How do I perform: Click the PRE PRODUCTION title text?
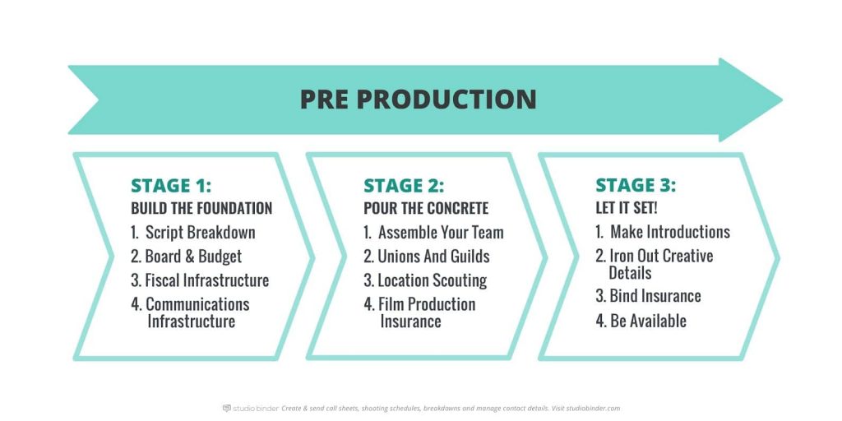pos(418,99)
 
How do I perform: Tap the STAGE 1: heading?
pos(171,185)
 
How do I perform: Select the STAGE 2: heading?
pos(404,185)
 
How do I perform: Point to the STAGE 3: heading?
pos(636,185)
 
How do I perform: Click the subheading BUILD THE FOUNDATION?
pos(201,208)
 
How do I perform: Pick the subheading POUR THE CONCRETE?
pos(426,208)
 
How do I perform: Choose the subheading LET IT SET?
pos(626,207)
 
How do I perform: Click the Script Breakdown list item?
pos(193,233)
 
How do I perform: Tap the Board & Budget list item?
pos(187,257)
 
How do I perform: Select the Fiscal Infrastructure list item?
pos(200,280)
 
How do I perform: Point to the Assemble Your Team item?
pos(434,233)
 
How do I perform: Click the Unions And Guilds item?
pos(427,257)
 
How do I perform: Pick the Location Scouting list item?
pos(425,280)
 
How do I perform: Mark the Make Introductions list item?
pos(664,232)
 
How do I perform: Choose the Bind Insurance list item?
pos(648,296)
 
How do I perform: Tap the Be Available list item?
pos(641,322)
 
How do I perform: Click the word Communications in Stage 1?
pos(197,304)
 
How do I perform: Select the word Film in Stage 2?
pos(391,304)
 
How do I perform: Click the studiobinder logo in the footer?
pos(251,408)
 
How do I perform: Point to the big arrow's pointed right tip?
pos(781,99)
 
